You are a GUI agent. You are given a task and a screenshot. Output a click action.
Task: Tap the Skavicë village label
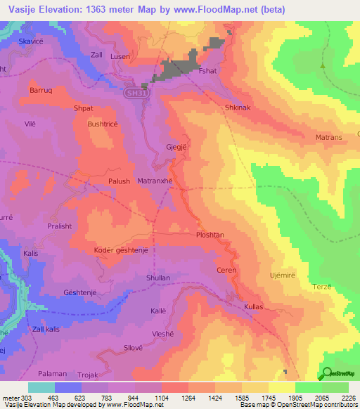tap(32, 41)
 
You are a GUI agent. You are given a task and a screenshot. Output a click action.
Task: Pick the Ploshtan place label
tap(210, 235)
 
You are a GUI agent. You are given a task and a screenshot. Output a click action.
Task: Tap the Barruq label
tap(41, 91)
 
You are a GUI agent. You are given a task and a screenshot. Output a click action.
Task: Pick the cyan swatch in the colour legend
tap(41, 387)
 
